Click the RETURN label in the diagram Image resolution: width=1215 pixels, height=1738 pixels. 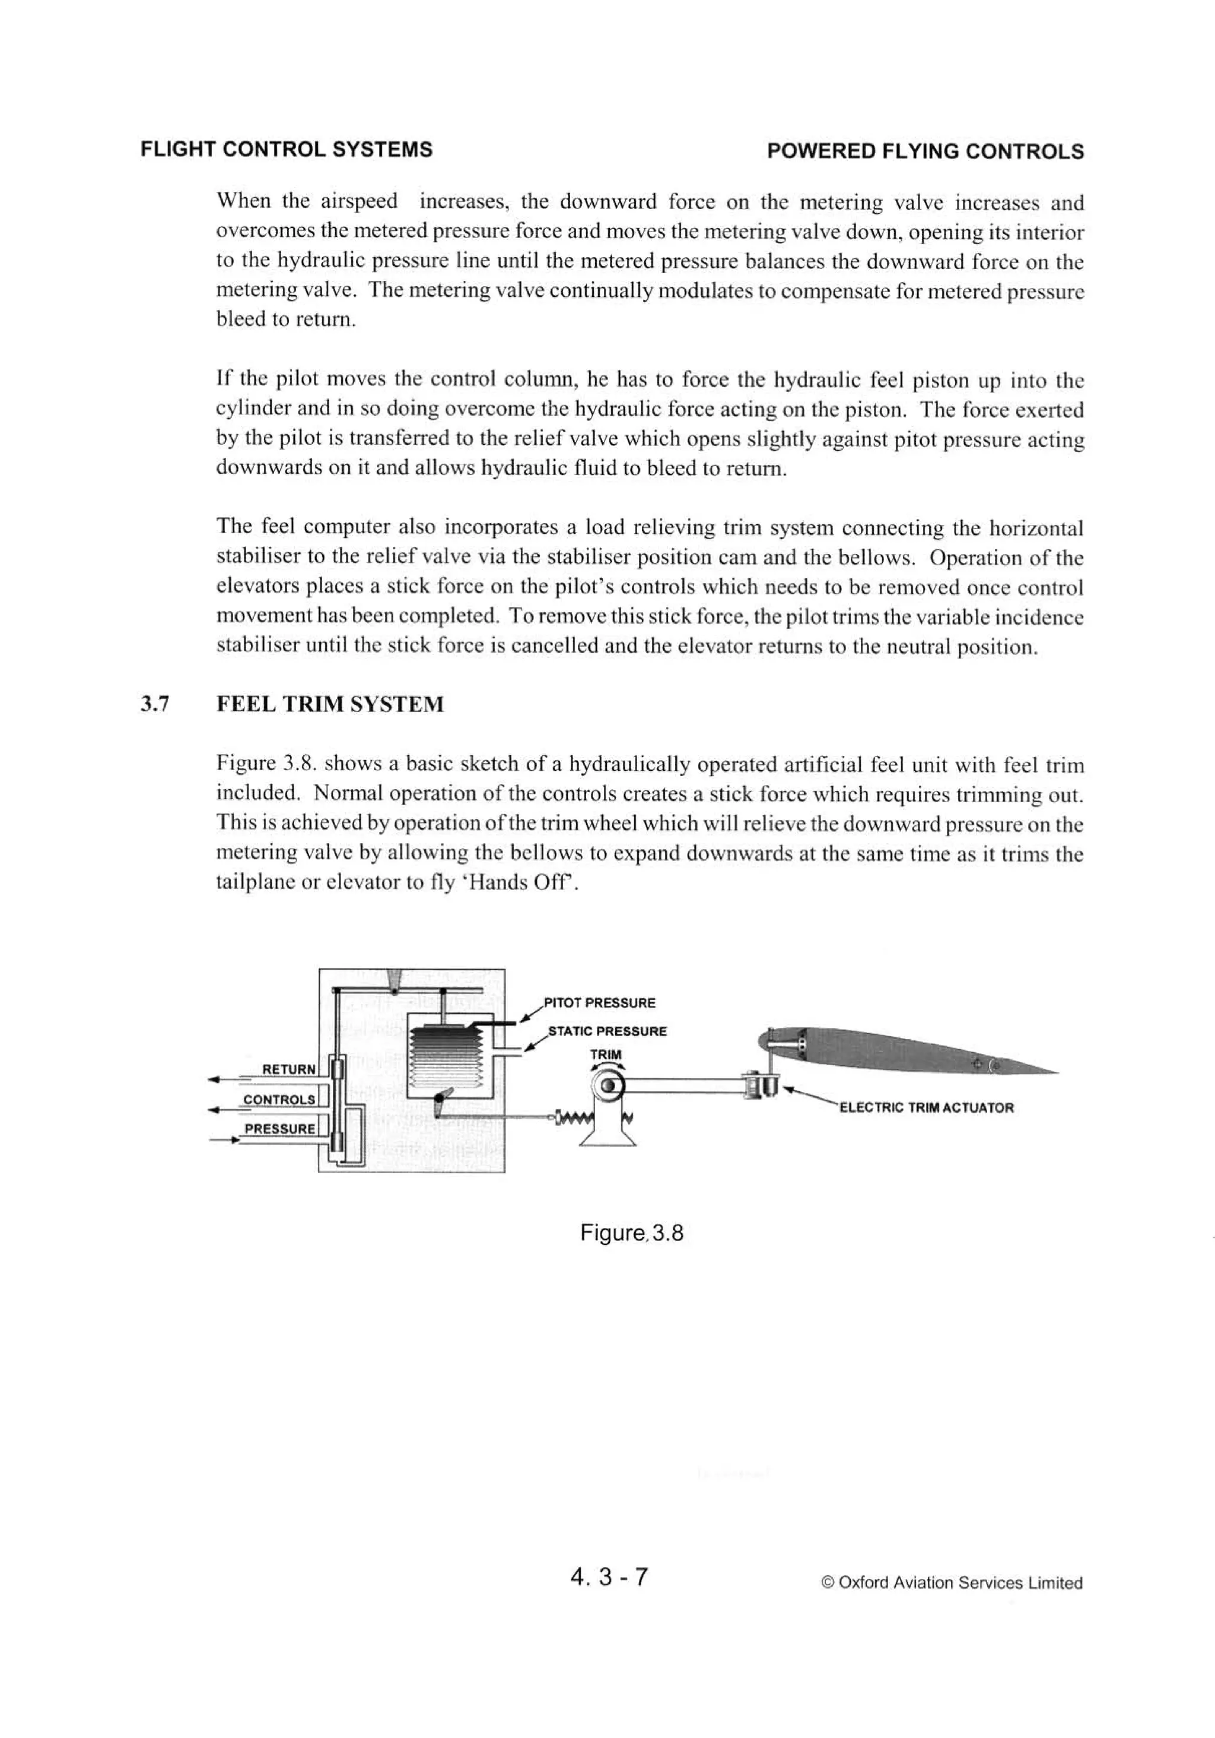[288, 1069]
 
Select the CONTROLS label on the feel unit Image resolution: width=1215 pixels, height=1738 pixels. [278, 1099]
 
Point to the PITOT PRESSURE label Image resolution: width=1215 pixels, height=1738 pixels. [599, 1003]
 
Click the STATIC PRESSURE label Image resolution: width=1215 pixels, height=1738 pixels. [607, 1031]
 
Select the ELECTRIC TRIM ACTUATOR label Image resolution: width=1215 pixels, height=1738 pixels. [926, 1107]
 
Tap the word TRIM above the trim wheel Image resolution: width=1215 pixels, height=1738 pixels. [605, 1055]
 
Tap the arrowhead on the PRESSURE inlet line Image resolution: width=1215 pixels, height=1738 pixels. [234, 1139]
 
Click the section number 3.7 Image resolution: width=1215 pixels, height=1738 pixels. [154, 705]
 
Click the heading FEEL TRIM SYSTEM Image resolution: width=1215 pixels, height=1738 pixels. [330, 705]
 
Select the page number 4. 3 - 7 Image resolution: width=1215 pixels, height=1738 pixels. [610, 1576]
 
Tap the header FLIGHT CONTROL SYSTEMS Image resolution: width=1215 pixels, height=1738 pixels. [287, 149]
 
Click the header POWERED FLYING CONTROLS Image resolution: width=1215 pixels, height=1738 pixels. [924, 151]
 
